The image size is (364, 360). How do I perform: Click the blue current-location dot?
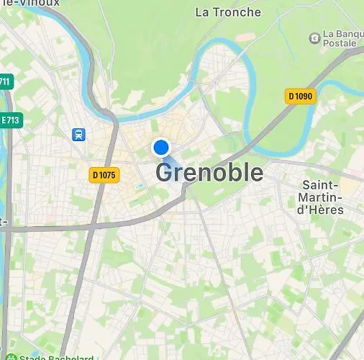(x=161, y=148)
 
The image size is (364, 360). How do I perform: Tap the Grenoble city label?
(x=209, y=173)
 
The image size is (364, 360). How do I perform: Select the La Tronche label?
(x=228, y=12)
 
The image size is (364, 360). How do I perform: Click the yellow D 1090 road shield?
(x=301, y=96)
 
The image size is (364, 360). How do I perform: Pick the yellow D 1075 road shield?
(x=104, y=174)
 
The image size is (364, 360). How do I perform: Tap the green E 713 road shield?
(x=9, y=120)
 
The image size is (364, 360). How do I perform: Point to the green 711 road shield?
(x=6, y=81)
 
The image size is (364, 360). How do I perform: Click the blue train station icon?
(x=78, y=134)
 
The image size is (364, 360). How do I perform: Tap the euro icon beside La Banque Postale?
(x=314, y=37)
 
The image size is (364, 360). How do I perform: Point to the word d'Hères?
(x=321, y=210)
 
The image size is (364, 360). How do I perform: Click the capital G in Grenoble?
(x=165, y=173)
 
